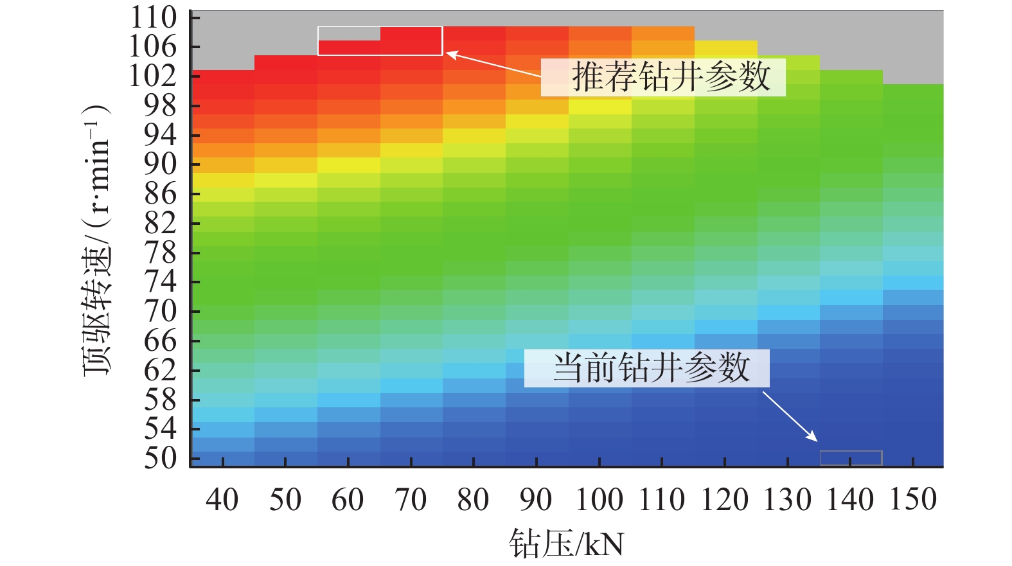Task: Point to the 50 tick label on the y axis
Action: (160, 459)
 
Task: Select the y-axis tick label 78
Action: (160, 253)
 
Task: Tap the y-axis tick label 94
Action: (160, 135)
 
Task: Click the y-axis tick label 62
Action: (160, 371)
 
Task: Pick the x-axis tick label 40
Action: (222, 500)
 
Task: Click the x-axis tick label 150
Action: (913, 500)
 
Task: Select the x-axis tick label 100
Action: (599, 500)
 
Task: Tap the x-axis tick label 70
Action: (411, 500)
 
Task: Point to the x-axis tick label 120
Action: (724, 500)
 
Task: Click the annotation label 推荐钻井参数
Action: (671, 77)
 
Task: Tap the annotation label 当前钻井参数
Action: (652, 368)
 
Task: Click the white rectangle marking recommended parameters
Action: (380, 41)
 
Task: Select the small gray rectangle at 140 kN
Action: (851, 458)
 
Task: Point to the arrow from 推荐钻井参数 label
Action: (495, 65)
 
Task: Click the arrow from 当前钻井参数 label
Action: (790, 417)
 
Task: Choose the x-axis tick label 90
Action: (536, 500)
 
